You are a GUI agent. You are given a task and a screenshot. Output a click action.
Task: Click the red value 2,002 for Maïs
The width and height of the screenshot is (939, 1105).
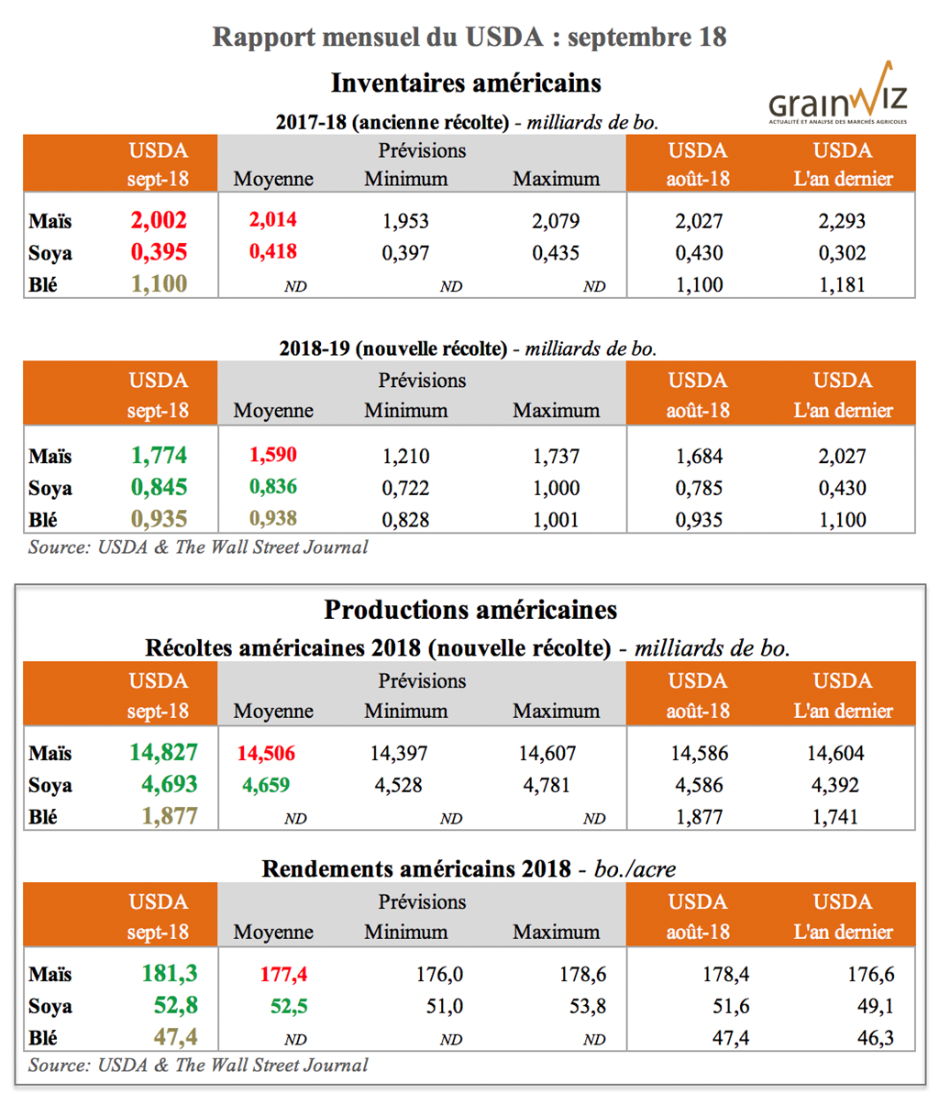(158, 220)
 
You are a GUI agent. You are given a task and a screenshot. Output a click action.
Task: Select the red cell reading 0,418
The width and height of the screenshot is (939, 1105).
(273, 252)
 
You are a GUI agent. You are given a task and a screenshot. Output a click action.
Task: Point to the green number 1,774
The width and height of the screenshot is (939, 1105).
(158, 455)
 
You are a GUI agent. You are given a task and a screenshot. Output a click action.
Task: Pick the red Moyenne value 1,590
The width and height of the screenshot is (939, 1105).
(273, 455)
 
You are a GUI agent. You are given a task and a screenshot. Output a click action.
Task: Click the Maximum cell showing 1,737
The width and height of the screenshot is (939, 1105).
(556, 456)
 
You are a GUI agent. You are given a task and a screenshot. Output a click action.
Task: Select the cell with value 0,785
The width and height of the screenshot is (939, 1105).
(699, 488)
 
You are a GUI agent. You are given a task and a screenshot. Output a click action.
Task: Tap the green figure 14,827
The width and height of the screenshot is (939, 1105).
(162, 753)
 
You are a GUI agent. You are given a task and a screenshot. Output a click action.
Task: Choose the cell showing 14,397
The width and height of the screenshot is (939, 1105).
(399, 754)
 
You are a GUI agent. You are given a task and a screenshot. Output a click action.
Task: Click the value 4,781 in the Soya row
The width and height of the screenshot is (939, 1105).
(547, 786)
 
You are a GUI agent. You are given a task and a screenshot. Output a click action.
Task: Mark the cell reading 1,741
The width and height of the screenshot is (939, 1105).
(835, 817)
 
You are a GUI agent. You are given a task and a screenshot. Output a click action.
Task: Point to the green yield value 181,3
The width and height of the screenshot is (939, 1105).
(170, 974)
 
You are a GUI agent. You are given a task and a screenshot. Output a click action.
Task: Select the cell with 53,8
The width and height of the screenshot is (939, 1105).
(588, 1007)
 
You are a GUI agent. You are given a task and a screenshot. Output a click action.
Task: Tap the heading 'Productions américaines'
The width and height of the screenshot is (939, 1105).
(470, 610)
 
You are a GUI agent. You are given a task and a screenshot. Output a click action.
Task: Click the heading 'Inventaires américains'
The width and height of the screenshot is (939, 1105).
(466, 83)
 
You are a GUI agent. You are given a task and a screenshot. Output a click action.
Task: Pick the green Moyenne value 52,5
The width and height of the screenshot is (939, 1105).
(289, 1007)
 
